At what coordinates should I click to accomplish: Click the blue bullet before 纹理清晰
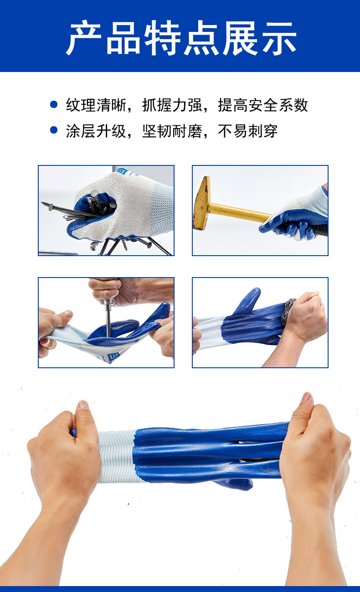click(54, 105)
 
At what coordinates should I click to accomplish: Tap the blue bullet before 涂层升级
click(54, 130)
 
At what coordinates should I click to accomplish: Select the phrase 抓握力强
click(167, 105)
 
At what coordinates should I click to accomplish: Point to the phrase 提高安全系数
click(263, 105)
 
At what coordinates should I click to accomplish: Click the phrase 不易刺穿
click(248, 131)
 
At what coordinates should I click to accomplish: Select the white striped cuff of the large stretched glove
click(116, 456)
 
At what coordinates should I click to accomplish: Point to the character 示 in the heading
click(278, 38)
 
